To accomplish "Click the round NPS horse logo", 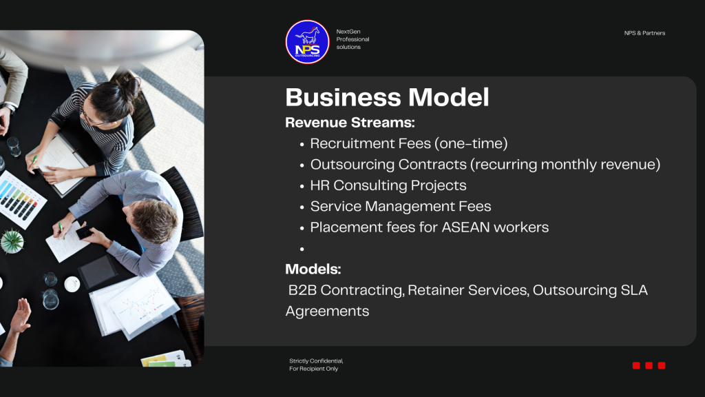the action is click(308, 42).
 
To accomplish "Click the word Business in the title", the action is click(343, 97).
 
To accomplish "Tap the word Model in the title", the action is click(449, 97).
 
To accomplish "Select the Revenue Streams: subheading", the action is click(350, 123).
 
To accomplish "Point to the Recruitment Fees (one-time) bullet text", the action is click(409, 143).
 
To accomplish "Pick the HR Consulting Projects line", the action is click(388, 185).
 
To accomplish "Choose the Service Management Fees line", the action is click(401, 206).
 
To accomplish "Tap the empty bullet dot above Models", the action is click(302, 248).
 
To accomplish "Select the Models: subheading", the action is click(313, 269).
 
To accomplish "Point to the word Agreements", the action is click(327, 312).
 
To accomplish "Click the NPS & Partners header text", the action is click(644, 33).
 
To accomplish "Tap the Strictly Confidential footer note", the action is click(316, 365).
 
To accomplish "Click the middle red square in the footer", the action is click(649, 365).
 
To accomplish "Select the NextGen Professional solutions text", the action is click(352, 39).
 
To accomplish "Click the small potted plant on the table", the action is click(12, 241).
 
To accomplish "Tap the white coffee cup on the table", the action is click(72, 284).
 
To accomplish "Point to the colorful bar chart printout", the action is click(20, 199).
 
